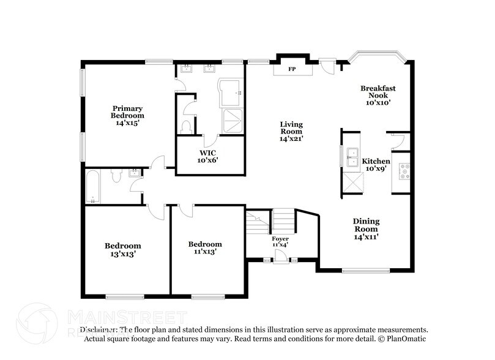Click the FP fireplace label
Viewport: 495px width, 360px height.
click(x=292, y=69)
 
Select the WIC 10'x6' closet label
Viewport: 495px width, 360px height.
click(x=207, y=156)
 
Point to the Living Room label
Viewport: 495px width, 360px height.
click(x=291, y=131)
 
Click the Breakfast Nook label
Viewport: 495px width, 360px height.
click(x=378, y=96)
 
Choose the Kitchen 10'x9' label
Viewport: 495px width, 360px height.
click(x=376, y=165)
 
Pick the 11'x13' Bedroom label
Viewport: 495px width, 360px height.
click(x=204, y=247)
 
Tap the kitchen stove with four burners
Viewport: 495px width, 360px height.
click(x=404, y=172)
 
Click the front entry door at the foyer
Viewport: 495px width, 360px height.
click(x=279, y=261)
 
